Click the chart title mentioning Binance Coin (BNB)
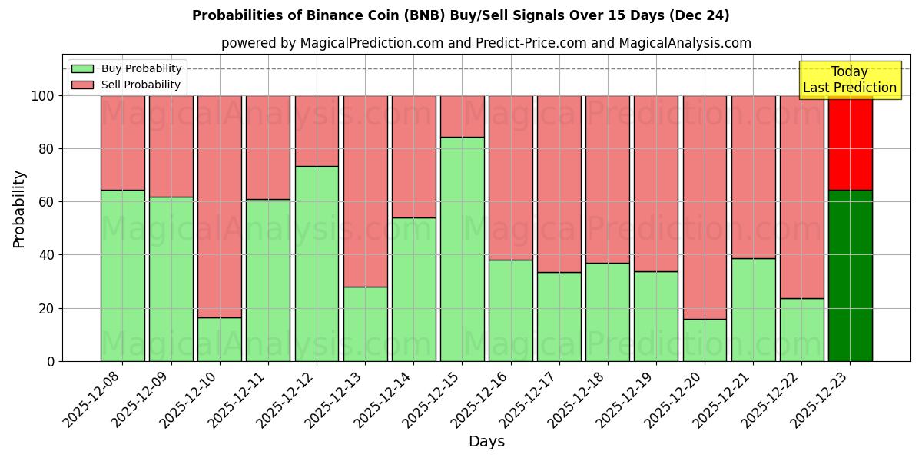(460, 15)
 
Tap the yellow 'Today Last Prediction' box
(849, 80)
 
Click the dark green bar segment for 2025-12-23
(850, 275)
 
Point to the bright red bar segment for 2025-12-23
(850, 142)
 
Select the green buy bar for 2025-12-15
(462, 249)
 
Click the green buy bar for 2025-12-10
(220, 339)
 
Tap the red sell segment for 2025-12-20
(705, 207)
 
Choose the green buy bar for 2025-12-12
(317, 264)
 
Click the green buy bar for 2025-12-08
(123, 275)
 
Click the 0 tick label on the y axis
(51, 361)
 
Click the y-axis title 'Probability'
(19, 208)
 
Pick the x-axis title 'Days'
(486, 442)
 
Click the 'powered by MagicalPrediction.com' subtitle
(486, 43)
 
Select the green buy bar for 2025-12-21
(753, 310)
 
